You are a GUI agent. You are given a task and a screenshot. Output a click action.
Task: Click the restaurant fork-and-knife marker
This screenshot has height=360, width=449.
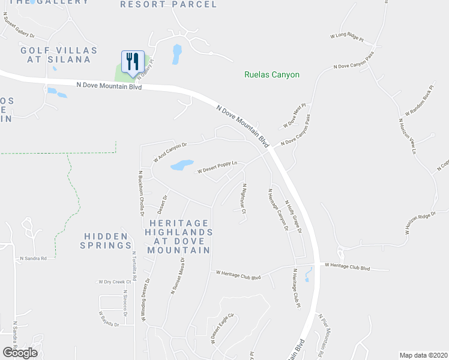tap(133, 61)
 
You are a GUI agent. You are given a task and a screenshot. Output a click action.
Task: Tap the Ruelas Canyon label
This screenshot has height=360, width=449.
tap(271, 75)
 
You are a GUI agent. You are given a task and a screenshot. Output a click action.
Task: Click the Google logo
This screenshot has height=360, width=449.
tap(20, 353)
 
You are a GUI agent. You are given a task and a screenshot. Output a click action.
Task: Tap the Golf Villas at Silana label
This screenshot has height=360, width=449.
tap(55, 55)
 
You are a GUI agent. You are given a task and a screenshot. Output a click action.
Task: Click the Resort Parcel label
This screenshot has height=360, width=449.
tap(168, 4)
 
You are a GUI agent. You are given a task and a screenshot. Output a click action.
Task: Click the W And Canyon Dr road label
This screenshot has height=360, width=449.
tap(170, 152)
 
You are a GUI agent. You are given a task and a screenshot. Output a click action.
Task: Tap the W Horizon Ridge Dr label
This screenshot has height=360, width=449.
tap(419, 222)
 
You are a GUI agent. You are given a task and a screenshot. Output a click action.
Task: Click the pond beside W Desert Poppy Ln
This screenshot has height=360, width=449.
tap(182, 164)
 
